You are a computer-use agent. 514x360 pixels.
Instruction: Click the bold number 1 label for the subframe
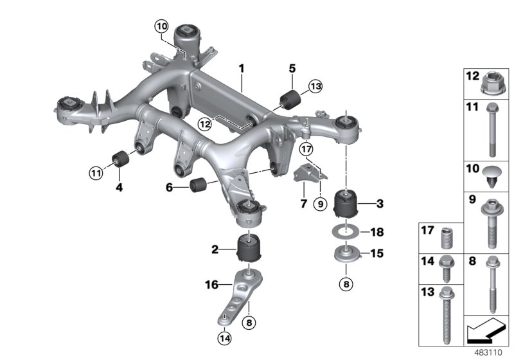pyautogui.click(x=242, y=67)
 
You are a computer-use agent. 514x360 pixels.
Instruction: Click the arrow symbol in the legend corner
pyautogui.click(x=485, y=334)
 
